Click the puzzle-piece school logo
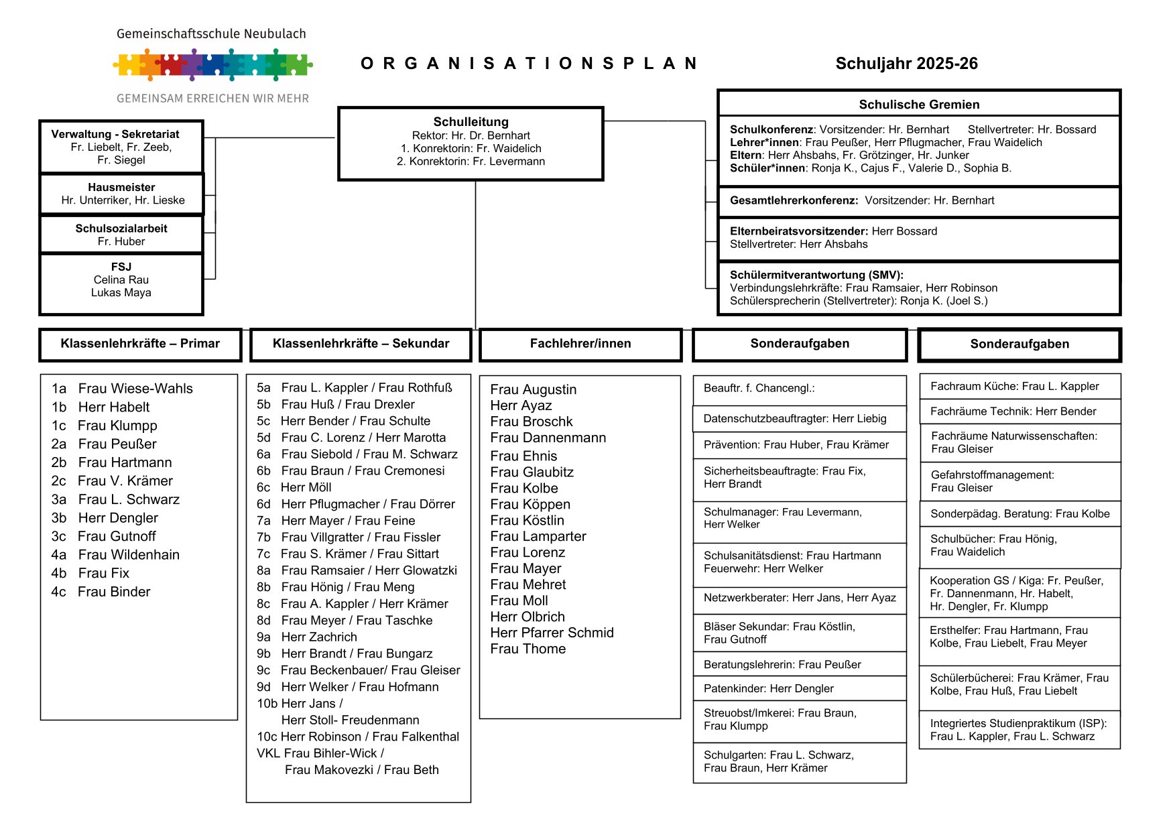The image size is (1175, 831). pos(212,65)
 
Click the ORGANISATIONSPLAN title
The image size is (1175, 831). pos(530,64)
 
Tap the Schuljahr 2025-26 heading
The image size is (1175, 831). pos(906,64)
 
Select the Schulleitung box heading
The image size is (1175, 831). pos(471,122)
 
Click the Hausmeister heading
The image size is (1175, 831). pos(121,188)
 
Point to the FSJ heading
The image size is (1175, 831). pos(121,267)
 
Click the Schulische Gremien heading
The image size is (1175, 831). pos(919,105)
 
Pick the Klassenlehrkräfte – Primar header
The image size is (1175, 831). pos(140,344)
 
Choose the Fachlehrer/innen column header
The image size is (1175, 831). pos(580,344)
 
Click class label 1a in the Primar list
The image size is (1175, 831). pos(59,389)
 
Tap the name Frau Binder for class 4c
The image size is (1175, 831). pos(114,592)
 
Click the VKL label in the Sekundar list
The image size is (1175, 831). pos(268,753)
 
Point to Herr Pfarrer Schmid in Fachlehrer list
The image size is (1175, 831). pos(552,633)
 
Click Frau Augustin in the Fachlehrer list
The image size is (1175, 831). pos(533,389)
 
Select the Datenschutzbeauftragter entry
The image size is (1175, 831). pos(795,419)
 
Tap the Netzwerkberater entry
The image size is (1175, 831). pos(800,598)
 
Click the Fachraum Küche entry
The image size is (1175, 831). pos(1014,386)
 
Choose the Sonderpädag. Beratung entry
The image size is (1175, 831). pos(1019,514)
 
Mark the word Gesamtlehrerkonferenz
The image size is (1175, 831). pos(794,200)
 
